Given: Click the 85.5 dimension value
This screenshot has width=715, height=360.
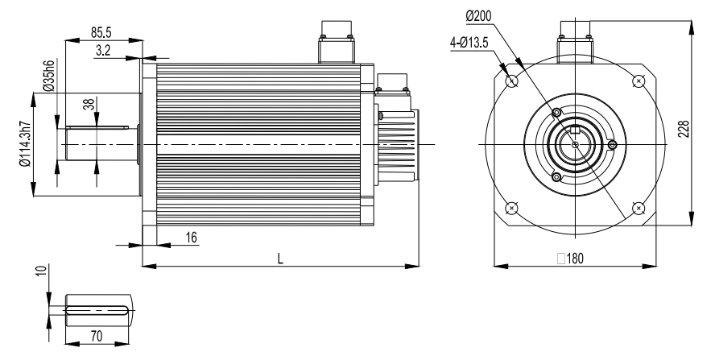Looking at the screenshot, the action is click(x=101, y=33).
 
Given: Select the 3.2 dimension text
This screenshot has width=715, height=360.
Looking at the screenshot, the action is click(x=103, y=50).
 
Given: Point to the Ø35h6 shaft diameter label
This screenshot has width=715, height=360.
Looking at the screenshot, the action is click(x=49, y=76).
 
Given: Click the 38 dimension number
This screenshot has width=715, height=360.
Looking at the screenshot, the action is click(x=89, y=105).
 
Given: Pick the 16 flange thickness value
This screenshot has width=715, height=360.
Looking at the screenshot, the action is click(x=191, y=238).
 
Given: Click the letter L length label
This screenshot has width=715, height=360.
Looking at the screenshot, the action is click(x=280, y=259).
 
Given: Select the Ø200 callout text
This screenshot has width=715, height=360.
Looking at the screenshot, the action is click(x=478, y=16).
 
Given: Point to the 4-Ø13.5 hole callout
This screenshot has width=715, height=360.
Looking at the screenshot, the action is click(x=469, y=43).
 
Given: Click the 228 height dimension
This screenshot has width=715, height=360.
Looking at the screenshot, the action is click(x=683, y=129).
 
